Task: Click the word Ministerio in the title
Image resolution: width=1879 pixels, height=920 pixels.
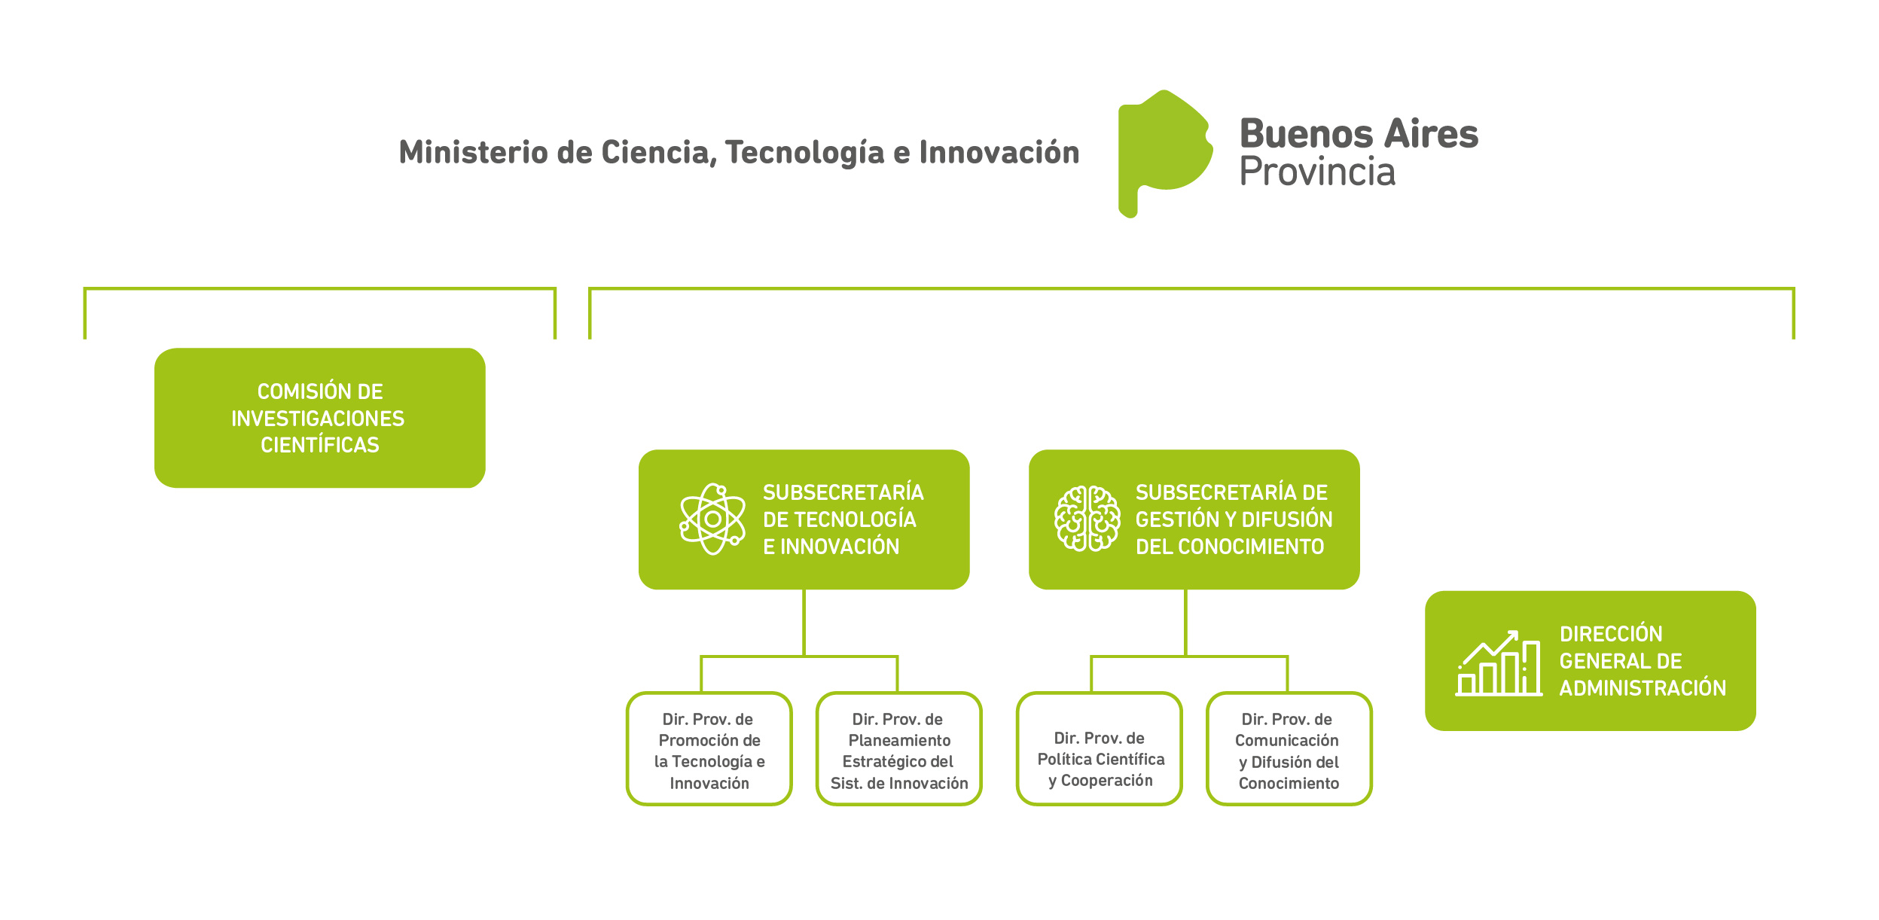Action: tap(473, 152)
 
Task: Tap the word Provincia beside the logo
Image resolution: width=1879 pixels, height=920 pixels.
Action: tap(1317, 172)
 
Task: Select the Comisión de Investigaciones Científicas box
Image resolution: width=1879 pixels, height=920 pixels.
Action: tap(320, 418)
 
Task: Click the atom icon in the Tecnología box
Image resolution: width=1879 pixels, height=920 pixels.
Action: tap(712, 519)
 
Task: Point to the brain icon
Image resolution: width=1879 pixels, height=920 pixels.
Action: tap(1087, 519)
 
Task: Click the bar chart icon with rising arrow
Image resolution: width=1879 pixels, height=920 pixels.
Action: tap(1498, 663)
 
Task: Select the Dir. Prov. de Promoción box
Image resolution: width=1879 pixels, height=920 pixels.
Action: tap(709, 748)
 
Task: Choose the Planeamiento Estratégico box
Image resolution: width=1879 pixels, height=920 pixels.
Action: tap(899, 748)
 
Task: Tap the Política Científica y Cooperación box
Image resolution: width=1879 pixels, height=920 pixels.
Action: tap(1100, 748)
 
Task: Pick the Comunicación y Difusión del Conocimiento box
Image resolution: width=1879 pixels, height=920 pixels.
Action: tap(1289, 748)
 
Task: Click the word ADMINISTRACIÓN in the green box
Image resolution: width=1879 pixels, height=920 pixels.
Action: tap(1643, 687)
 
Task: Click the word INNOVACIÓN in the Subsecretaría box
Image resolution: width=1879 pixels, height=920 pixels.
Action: tap(840, 546)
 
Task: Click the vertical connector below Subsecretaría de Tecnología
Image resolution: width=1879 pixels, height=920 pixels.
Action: tap(804, 623)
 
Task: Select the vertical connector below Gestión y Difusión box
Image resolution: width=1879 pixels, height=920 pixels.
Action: tap(1186, 623)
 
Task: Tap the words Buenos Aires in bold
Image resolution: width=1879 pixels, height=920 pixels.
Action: tap(1359, 134)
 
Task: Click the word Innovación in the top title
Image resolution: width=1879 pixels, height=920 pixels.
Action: tap(999, 152)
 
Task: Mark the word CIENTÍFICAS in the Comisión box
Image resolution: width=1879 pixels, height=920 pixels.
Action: tap(320, 445)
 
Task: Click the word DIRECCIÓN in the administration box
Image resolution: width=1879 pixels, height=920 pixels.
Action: tap(1611, 634)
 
